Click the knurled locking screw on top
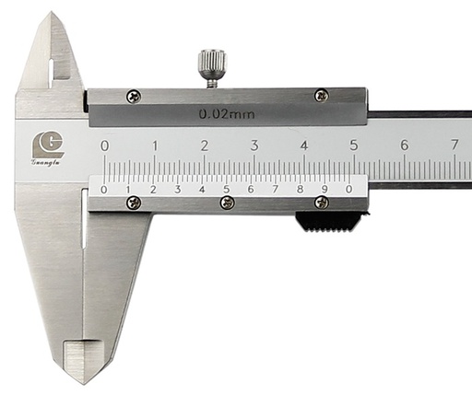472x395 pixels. [213, 68]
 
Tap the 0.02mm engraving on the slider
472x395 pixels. [227, 114]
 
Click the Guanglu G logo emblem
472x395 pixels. [48, 145]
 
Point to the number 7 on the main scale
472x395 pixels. [454, 145]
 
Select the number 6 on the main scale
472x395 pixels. [405, 145]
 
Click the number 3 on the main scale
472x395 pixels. [254, 145]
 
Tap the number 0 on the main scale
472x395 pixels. [104, 145]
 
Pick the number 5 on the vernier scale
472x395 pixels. [226, 189]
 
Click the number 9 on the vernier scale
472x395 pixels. [324, 189]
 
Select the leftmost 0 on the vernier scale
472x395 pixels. [104, 190]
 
